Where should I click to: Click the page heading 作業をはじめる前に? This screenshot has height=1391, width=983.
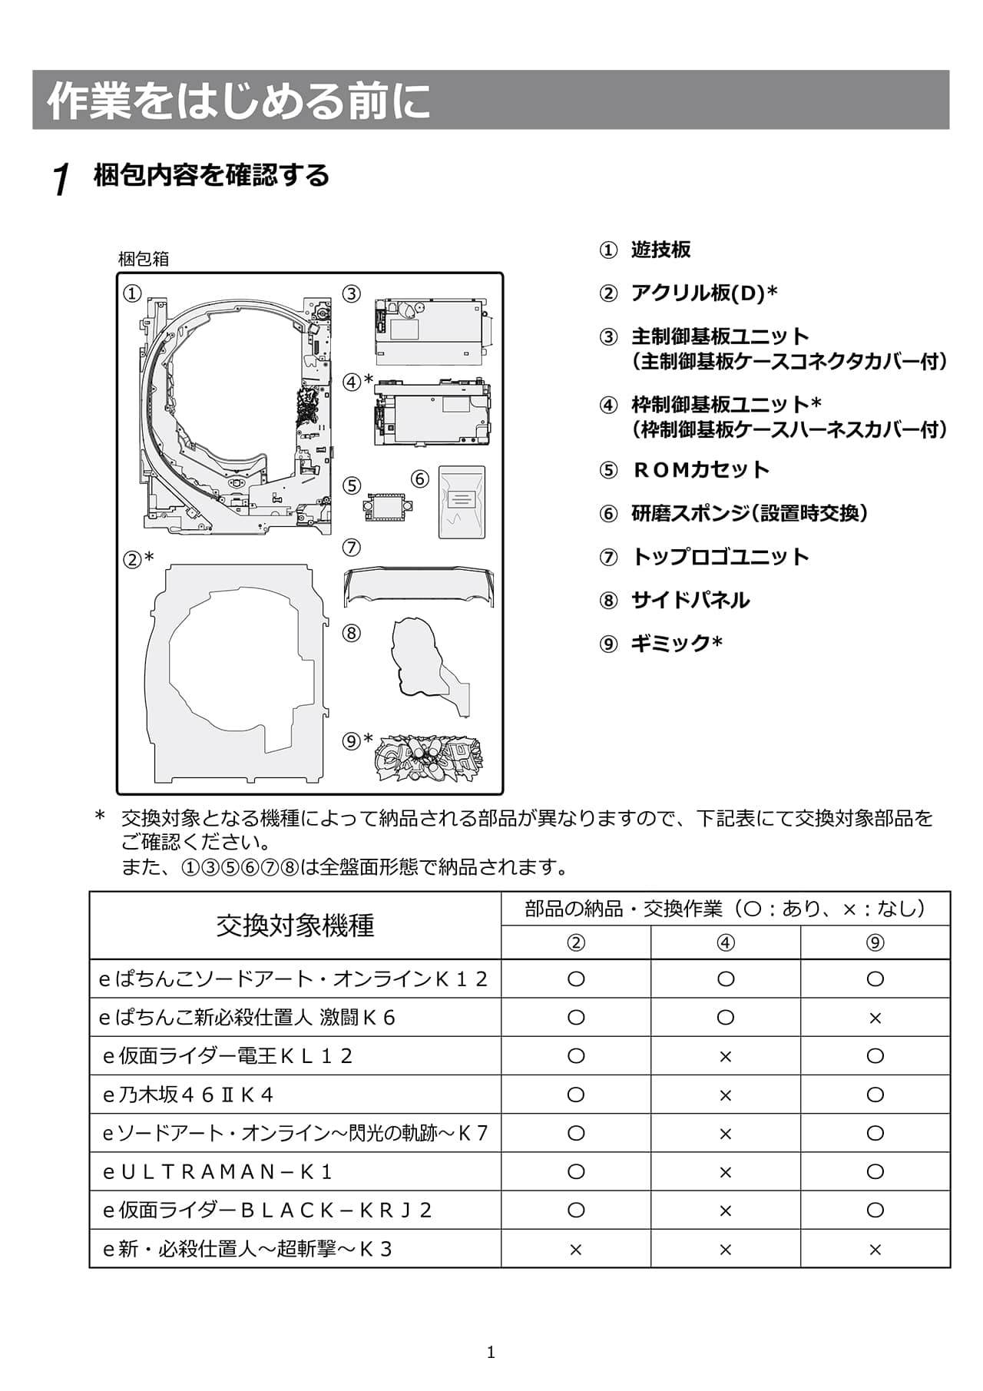coord(239,101)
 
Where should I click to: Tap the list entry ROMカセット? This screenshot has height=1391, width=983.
coord(700,469)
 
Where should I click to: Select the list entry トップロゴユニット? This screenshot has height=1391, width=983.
coord(719,556)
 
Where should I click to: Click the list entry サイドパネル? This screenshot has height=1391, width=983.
coord(690,600)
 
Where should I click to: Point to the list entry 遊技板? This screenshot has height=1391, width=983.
coord(660,249)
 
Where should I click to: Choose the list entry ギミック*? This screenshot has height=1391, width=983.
coord(676,643)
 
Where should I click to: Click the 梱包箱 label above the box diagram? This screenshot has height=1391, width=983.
coord(143,259)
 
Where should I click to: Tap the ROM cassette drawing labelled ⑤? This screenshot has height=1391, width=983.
coord(388,506)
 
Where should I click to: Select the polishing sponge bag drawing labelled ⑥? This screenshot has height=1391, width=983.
coord(462,502)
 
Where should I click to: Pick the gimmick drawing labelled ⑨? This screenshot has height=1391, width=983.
coord(428,758)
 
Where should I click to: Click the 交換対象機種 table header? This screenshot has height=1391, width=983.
coord(295,926)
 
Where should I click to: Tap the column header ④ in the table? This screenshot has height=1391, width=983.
coord(725,942)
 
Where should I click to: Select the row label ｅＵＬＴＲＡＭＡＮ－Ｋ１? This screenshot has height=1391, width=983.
coord(217,1171)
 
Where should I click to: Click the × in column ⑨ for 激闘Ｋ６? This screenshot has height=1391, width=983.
coord(875,1018)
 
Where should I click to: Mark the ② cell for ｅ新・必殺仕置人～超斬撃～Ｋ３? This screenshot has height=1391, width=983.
coord(575,1249)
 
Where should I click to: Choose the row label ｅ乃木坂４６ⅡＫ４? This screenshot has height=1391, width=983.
coord(188,1095)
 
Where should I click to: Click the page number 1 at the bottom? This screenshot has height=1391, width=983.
coord(491,1353)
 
